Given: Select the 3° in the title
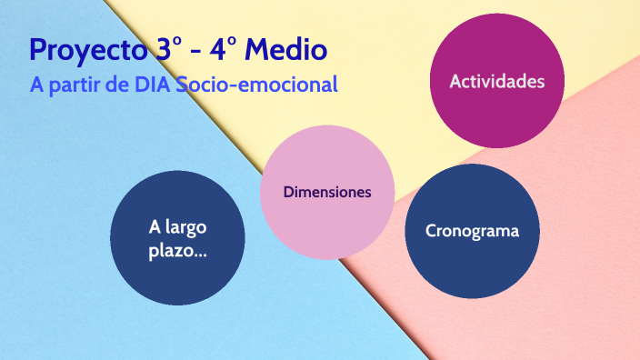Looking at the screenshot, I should coord(165,49).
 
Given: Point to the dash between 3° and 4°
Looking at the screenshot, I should coord(196,51).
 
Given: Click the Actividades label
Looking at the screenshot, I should coord(497,82).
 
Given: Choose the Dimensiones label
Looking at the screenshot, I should coord(326,193).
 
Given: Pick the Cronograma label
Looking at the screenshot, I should coord(472,231).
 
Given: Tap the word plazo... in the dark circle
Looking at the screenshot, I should coord(177,250).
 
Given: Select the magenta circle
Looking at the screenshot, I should coord(497,109).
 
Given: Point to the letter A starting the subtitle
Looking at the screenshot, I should coord(37,85).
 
